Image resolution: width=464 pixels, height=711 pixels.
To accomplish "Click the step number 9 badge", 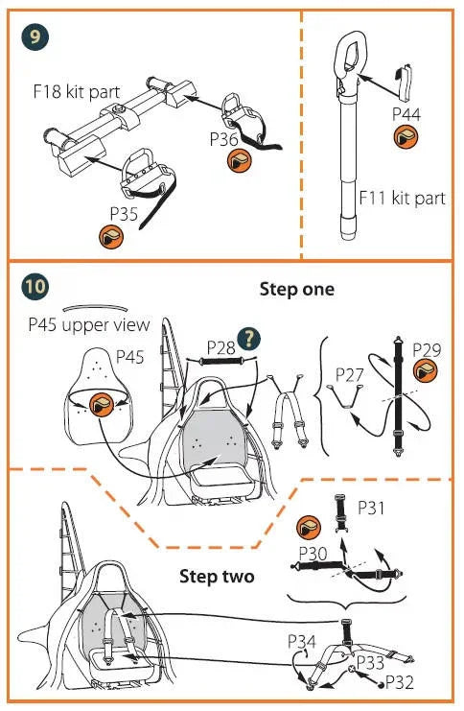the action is [x=35, y=36].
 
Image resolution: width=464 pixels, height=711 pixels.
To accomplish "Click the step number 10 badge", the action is [x=35, y=287].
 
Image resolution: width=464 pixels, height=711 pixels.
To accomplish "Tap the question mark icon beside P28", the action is [x=249, y=339].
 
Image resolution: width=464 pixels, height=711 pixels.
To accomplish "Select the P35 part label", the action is [x=124, y=213].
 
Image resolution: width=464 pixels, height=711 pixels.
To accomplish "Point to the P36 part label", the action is [x=223, y=139].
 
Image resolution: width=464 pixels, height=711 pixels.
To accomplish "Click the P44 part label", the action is [x=406, y=114].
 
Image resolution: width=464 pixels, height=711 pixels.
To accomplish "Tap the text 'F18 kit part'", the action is [x=77, y=91].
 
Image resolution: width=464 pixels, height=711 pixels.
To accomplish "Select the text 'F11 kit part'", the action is [x=402, y=199].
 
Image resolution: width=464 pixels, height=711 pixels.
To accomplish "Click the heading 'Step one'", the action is [x=297, y=289].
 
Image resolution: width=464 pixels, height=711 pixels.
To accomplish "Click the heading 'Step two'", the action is [x=217, y=577].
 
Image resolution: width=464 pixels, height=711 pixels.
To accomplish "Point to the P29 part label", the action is [x=427, y=349].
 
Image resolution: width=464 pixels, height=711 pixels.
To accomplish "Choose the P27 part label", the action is [x=349, y=375].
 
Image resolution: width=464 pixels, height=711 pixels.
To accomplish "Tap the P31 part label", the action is [x=371, y=508].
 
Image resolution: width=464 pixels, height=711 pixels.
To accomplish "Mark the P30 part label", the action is [x=313, y=554].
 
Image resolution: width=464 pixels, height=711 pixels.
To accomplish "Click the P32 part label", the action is [x=400, y=682].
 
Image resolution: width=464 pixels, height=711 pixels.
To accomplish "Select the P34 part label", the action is [x=302, y=642].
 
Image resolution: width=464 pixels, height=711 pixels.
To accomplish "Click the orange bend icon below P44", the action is [x=406, y=137].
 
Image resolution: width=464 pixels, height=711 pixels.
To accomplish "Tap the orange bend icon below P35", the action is [x=111, y=236].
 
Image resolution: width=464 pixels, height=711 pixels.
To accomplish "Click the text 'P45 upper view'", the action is [x=89, y=324].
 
